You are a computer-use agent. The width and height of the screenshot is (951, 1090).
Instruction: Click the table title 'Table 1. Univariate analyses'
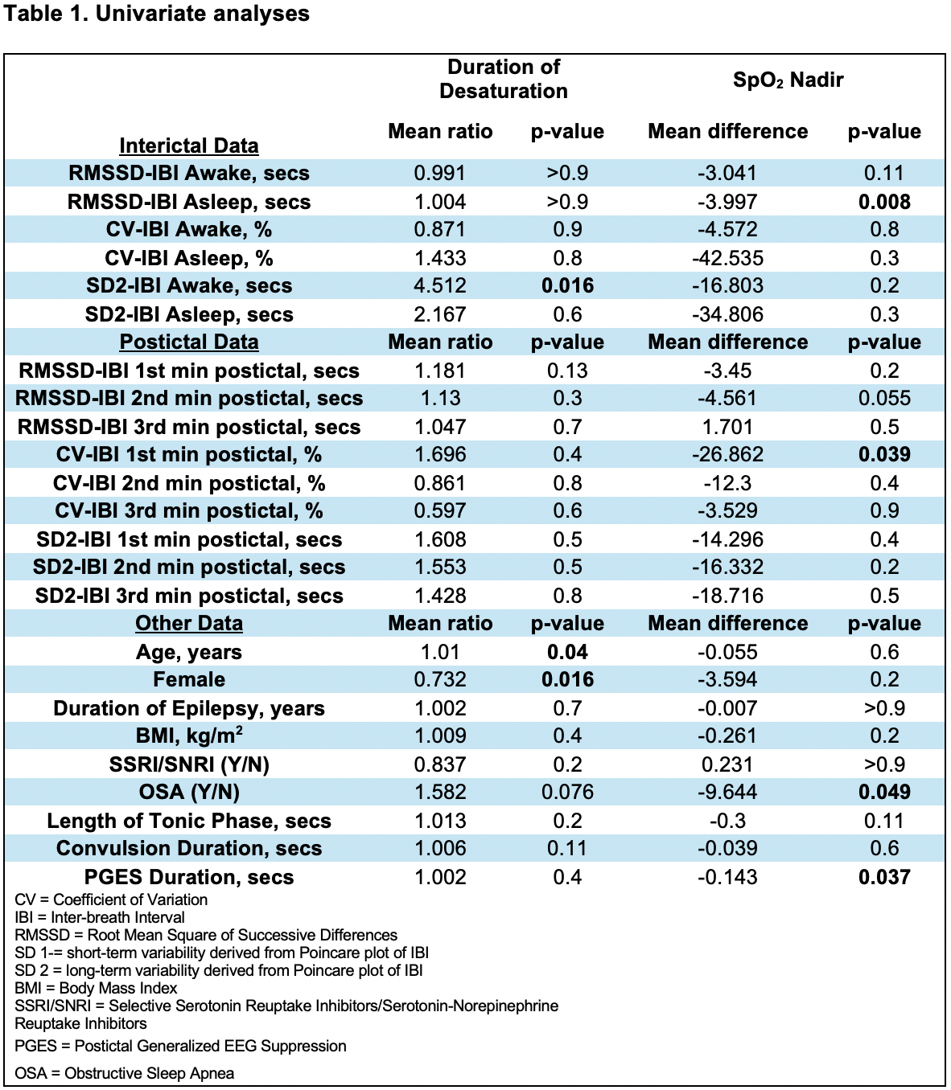[157, 14]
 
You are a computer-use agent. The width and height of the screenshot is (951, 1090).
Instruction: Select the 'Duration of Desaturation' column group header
[503, 79]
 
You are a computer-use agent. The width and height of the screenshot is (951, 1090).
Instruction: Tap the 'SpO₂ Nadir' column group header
[788, 80]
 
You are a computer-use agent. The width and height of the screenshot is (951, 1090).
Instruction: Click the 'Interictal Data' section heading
[189, 145]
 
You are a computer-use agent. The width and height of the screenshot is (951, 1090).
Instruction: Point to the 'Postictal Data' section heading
[189, 342]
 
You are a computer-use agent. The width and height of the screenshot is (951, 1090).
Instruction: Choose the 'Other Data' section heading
[189, 623]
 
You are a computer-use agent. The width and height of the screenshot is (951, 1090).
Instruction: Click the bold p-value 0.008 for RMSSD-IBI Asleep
[884, 202]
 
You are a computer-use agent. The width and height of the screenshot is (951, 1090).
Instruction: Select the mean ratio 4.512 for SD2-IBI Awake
[440, 286]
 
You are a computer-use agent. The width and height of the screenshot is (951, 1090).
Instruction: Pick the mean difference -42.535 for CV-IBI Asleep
[727, 258]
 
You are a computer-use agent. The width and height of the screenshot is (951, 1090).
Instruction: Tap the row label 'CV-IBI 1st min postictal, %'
[189, 455]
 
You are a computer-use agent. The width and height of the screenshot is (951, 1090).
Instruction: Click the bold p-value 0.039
[884, 455]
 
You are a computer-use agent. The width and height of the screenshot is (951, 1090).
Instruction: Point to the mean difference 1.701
[727, 427]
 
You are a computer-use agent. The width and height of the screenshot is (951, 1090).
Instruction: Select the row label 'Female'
[189, 680]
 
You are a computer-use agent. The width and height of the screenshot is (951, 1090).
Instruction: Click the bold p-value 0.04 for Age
[567, 652]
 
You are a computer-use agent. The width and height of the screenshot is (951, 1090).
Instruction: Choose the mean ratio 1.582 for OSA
[440, 793]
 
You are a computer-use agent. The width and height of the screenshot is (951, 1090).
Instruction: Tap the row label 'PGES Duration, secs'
[189, 877]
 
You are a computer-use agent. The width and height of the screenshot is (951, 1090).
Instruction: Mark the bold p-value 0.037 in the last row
[884, 877]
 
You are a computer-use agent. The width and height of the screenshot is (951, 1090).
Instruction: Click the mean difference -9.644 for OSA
[727, 793]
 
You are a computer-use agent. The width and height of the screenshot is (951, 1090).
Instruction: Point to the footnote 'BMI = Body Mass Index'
[96, 988]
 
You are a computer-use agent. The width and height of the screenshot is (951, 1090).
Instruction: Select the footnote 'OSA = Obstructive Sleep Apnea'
[125, 1073]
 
